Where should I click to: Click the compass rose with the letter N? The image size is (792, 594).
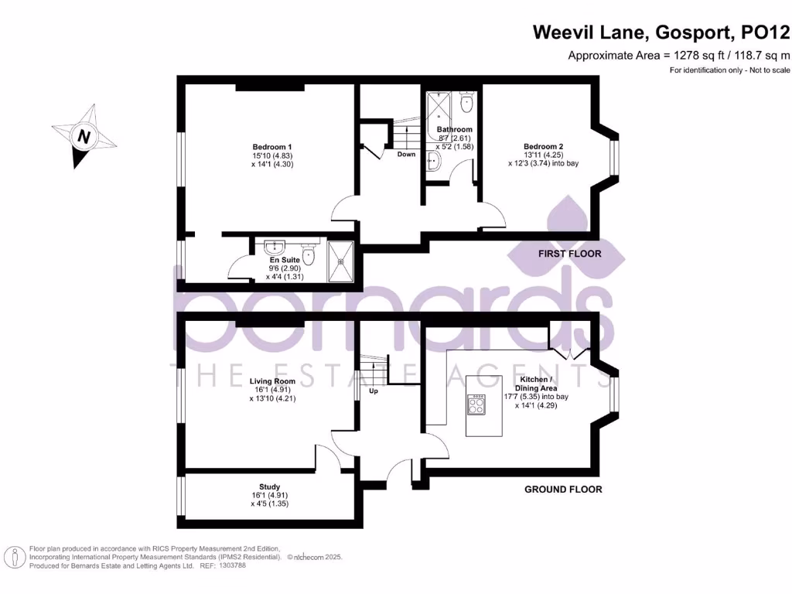pos(84,136)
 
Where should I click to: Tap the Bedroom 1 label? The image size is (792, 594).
pos(271,147)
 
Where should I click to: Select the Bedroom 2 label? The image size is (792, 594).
pos(543,146)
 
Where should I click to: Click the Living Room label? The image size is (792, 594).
pos(272,381)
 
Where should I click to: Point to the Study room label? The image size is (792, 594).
pos(270,486)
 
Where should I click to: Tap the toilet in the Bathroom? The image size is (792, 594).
pos(466,103)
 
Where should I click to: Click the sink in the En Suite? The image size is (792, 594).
pos(274,247)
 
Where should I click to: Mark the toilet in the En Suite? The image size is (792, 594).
pos(308,254)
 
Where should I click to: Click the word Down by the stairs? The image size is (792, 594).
pos(406,154)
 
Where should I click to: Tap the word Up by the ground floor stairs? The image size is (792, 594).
pos(374,391)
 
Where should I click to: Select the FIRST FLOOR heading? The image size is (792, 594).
pos(569,254)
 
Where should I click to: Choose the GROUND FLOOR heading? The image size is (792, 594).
pos(563,489)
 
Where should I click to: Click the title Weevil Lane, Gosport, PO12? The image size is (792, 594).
pos(661,32)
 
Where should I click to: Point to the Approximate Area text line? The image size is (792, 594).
pos(679,55)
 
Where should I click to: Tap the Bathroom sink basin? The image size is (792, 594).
pos(433,160)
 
